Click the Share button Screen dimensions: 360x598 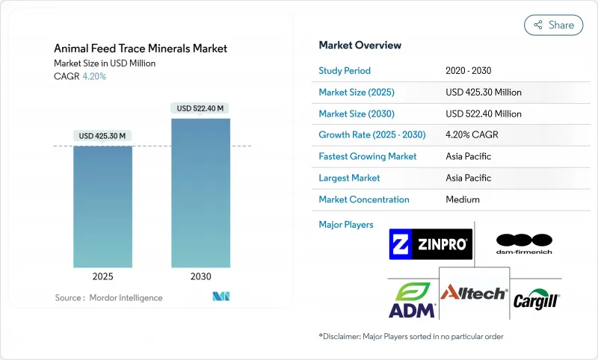553,25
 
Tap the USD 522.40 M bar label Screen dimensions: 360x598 200,108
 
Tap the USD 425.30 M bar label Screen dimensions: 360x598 102,136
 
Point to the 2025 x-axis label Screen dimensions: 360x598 102,276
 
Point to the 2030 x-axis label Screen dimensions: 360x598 200,276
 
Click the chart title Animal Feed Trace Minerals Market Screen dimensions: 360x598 141,49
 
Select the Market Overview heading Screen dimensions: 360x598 360,45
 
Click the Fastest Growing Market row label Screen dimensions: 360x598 368,157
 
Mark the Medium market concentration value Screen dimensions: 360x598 462,199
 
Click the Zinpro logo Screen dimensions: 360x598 431,244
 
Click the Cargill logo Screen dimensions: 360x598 536,300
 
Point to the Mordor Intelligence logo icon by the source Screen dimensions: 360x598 221,297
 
